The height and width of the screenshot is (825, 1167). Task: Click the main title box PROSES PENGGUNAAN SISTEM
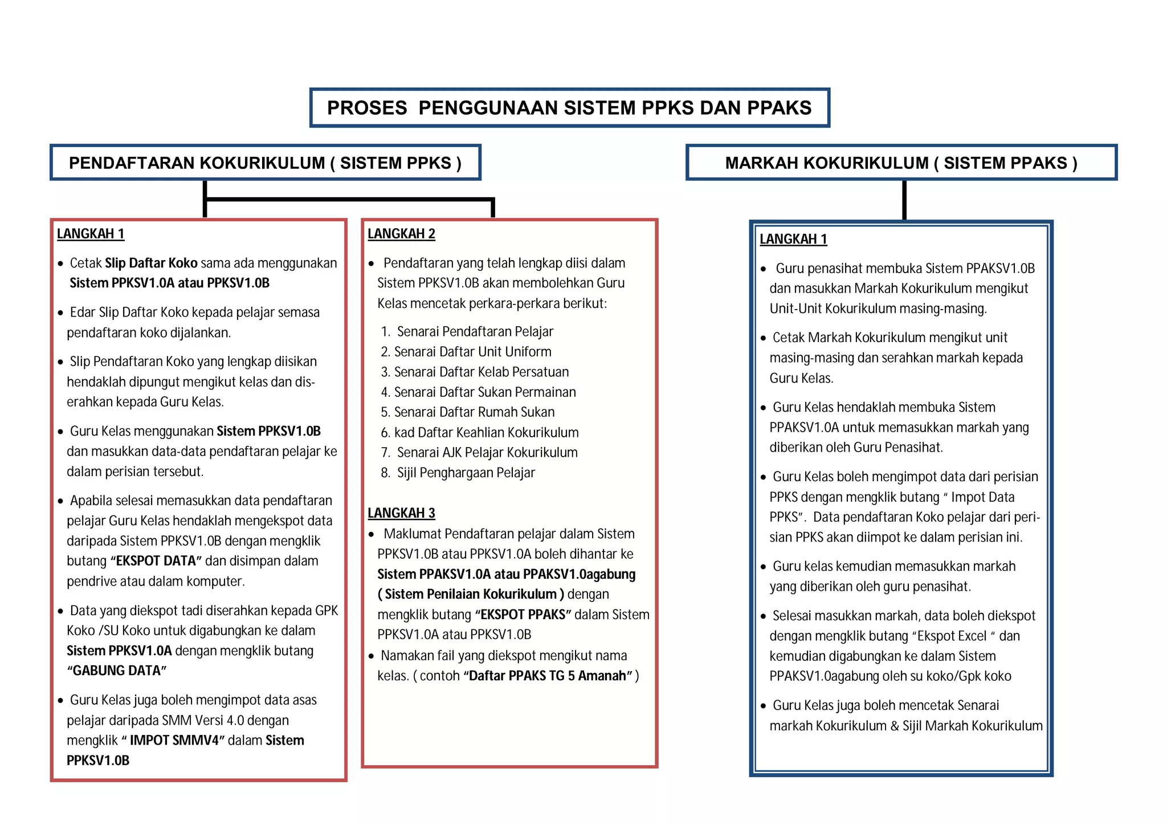[x=569, y=108]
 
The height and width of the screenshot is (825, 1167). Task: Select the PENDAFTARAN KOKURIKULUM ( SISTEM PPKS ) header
[x=265, y=163]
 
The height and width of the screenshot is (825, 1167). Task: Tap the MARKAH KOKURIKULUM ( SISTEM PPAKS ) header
[x=901, y=163]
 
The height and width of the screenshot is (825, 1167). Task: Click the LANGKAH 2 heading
[x=401, y=234]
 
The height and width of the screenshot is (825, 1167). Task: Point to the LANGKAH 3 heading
[x=401, y=513]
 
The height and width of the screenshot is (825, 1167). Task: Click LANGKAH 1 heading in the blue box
[x=793, y=239]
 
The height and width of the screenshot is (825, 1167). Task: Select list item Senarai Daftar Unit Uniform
[x=472, y=352]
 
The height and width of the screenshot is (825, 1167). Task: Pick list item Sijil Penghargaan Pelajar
[x=466, y=473]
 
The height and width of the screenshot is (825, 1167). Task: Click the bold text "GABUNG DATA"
[x=117, y=671]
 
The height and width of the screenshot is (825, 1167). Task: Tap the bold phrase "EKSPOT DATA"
[x=156, y=561]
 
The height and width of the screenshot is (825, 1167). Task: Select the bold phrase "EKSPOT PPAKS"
[x=523, y=615]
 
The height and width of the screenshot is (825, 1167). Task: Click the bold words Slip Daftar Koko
[x=151, y=263]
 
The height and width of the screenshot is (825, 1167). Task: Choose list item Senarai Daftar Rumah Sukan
[x=474, y=412]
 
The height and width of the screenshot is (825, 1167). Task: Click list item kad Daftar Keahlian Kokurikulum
[x=486, y=433]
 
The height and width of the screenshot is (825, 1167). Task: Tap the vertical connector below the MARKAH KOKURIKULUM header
[x=904, y=200]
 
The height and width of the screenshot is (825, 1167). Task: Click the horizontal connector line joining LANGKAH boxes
[x=349, y=199]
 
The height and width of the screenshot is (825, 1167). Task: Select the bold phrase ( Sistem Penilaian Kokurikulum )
[x=471, y=595]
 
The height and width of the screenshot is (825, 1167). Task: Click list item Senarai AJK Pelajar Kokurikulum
[x=487, y=453]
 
